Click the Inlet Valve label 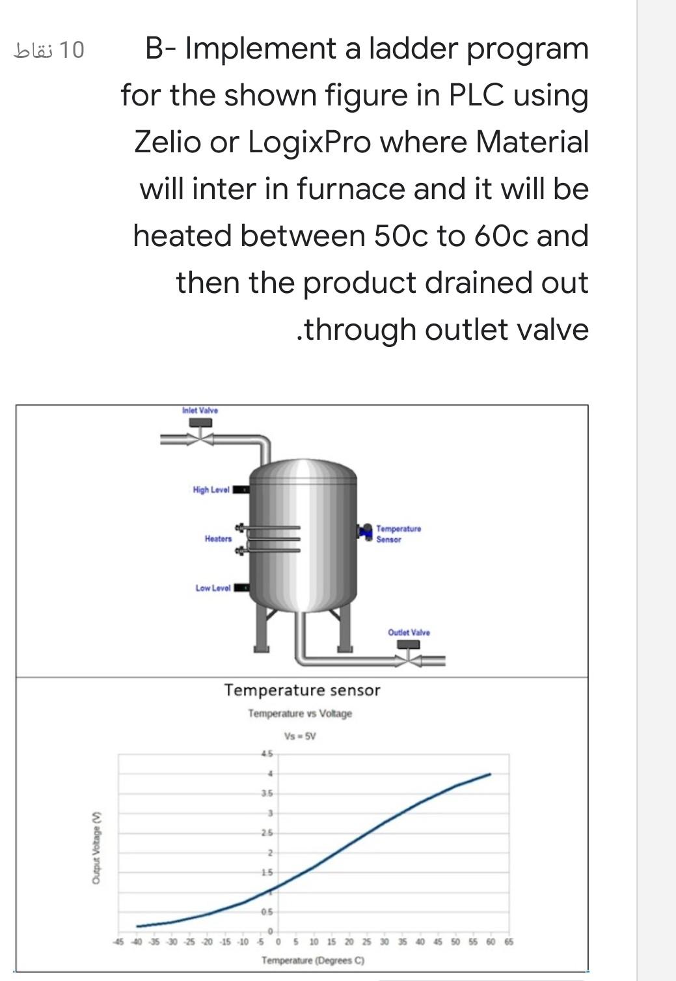(x=200, y=410)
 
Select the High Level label (x=211, y=490)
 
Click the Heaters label (x=218, y=538)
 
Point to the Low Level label (x=213, y=588)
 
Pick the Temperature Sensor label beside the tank (x=398, y=534)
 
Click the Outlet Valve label (x=409, y=632)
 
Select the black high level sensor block (x=241, y=490)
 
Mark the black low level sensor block (x=242, y=588)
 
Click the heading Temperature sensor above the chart (x=302, y=690)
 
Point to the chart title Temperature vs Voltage (x=299, y=713)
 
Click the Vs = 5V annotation (x=300, y=737)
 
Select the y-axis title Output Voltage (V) (x=96, y=850)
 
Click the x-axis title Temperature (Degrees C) (x=313, y=960)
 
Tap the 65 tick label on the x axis (x=508, y=941)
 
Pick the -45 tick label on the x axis (x=118, y=941)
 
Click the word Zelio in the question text (x=167, y=141)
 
